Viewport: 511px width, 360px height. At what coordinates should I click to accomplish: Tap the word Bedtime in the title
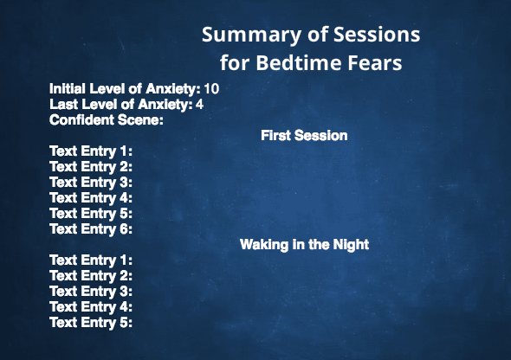tap(298, 62)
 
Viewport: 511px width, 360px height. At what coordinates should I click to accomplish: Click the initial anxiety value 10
tap(211, 89)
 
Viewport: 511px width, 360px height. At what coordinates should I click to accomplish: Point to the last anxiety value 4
tap(199, 105)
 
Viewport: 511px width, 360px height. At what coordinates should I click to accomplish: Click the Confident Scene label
tap(107, 120)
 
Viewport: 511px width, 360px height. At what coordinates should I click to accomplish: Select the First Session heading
tap(304, 135)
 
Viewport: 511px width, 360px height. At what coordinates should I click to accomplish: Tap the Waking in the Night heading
tap(304, 244)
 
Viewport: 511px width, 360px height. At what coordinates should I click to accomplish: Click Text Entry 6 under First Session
tap(91, 228)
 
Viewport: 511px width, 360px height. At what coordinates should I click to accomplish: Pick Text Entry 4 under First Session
tap(91, 198)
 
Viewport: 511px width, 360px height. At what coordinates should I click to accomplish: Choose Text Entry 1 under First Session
tap(91, 151)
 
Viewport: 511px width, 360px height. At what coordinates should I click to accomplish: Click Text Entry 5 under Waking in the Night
tap(91, 323)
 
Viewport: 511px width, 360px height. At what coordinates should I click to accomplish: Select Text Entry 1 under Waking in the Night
tap(91, 260)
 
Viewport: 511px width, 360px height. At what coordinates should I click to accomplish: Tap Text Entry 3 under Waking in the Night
tap(91, 292)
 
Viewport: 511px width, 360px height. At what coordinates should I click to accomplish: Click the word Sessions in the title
tap(377, 34)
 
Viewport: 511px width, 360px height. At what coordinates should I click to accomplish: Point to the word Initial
tap(68, 89)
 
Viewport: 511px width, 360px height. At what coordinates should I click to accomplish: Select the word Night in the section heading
tap(351, 244)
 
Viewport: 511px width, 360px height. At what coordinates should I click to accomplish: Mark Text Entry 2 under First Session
tap(91, 167)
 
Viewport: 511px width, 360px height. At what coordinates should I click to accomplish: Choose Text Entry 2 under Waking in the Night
tap(91, 276)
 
